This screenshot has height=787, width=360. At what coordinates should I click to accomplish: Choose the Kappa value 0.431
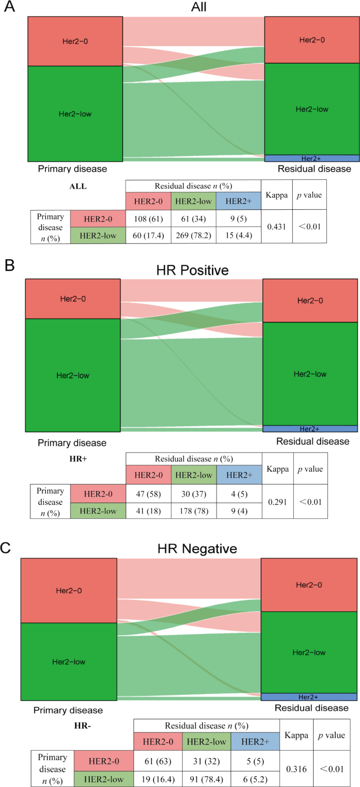pyautogui.click(x=276, y=227)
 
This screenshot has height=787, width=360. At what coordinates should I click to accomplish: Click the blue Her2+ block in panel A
pyautogui.click(x=312, y=158)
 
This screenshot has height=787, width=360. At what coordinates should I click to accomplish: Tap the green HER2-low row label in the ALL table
pyautogui.click(x=97, y=234)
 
